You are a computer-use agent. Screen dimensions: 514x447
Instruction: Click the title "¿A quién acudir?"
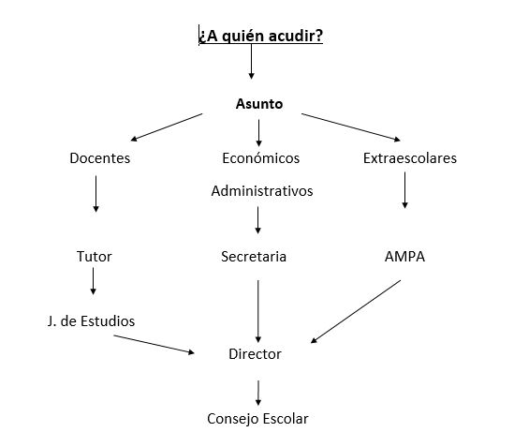pos(260,36)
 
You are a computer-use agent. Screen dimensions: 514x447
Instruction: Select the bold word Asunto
pos(259,104)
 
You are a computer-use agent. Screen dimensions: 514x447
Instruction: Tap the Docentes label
pos(99,158)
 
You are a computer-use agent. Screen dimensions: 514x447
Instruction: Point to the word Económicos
pos(260,158)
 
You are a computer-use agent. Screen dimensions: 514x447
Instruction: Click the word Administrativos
pos(262,191)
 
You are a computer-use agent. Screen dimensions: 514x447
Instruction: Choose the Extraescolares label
pos(410,158)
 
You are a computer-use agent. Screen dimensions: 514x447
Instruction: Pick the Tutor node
pos(94,257)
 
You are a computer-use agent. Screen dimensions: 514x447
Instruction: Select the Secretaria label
pos(254,257)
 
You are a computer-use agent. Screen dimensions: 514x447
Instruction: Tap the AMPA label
pos(404,257)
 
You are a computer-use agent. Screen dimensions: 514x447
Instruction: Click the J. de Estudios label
pos(91,321)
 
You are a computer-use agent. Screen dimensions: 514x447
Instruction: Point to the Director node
pos(255,354)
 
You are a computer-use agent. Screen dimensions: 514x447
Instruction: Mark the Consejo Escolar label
pos(257,419)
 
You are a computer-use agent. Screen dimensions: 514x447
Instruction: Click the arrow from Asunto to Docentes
pos(167,127)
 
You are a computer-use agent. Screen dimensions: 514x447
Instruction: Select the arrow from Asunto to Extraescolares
pos(351,127)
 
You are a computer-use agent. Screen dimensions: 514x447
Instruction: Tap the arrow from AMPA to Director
pos(356,311)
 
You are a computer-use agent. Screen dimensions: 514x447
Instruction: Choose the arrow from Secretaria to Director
pos(258,311)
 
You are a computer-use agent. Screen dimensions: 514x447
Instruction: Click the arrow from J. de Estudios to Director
pos(154,344)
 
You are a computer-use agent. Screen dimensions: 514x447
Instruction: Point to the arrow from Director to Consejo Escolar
pos(258,393)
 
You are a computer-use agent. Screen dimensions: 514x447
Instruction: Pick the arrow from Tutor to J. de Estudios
pos(93,281)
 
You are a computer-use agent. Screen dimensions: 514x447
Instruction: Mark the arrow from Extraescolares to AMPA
pos(404,190)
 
